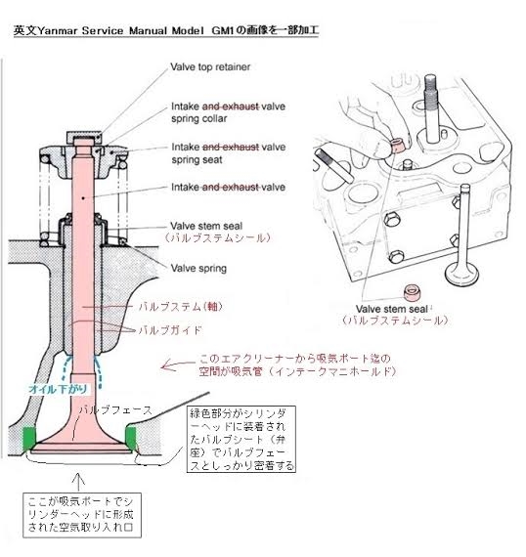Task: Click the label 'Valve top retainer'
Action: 210,66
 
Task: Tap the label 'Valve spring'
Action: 198,268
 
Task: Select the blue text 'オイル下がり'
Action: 58,389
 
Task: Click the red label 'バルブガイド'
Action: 170,330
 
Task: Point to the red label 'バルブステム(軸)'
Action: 181,307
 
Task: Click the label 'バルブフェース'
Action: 115,410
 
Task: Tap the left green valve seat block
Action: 29,438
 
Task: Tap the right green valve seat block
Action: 131,438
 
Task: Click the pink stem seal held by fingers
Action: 398,146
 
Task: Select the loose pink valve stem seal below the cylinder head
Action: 413,293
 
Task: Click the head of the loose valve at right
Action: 462,276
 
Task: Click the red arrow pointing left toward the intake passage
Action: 180,364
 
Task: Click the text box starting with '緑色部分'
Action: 241,439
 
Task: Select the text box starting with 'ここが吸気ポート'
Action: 82,514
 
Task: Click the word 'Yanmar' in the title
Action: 58,31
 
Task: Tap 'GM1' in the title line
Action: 223,30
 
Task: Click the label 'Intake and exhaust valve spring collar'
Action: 228,112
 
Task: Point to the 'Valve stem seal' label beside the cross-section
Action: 206,226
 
